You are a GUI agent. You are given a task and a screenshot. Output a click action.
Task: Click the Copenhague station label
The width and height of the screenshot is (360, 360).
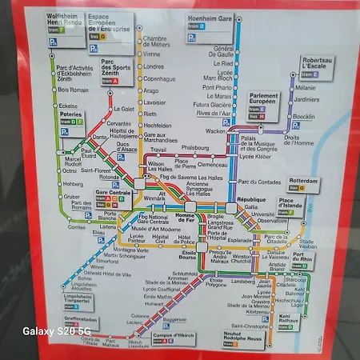(159, 79)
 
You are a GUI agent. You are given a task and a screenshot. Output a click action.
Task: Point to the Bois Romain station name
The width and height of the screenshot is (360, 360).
(74, 90)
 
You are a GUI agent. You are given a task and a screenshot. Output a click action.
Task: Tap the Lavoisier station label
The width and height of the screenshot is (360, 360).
(155, 102)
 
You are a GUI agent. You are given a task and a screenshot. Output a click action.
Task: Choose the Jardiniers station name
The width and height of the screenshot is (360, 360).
(307, 100)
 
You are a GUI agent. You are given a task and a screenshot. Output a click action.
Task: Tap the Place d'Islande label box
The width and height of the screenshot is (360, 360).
(292, 204)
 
